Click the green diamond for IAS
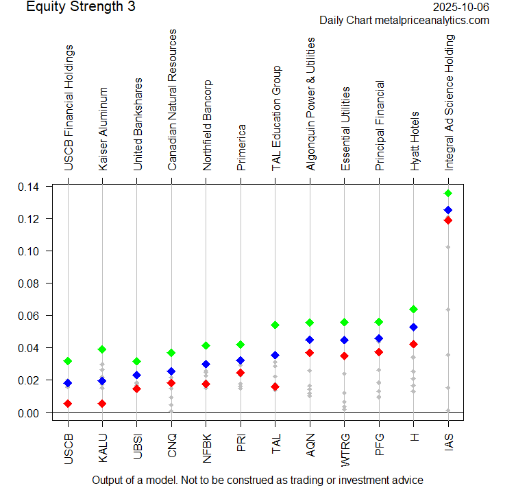pyautogui.click(x=448, y=194)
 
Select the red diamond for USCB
pyautogui.click(x=68, y=404)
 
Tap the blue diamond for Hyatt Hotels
pyautogui.click(x=413, y=327)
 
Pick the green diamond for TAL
pyautogui.click(x=275, y=325)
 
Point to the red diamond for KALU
pyautogui.click(x=102, y=404)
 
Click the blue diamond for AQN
pyautogui.click(x=310, y=340)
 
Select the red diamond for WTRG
pyautogui.click(x=344, y=356)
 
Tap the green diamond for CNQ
pyautogui.click(x=171, y=353)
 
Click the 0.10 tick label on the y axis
pyautogui.click(x=29, y=251)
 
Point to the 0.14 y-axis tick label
pyautogui.click(x=29, y=187)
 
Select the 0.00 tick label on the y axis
pyautogui.click(x=29, y=413)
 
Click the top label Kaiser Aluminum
pyautogui.click(x=103, y=128)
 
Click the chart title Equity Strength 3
pyautogui.click(x=81, y=8)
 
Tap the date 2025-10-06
pyautogui.click(x=462, y=8)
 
